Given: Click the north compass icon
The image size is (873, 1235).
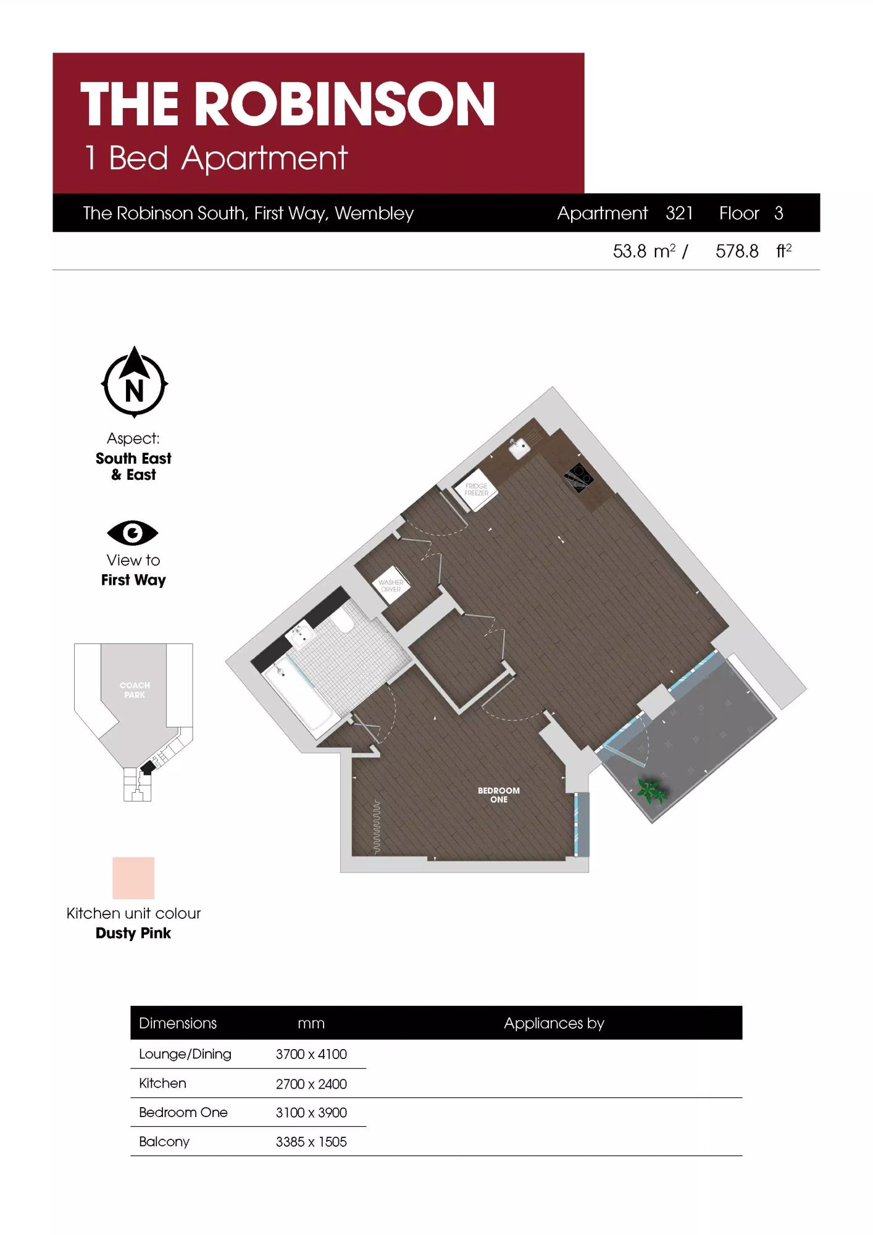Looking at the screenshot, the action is [x=134, y=382].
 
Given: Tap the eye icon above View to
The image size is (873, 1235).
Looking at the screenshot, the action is [x=133, y=533].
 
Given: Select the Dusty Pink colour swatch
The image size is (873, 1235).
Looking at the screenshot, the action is [x=133, y=877].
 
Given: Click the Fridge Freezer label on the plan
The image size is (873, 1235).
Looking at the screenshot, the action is [x=476, y=490].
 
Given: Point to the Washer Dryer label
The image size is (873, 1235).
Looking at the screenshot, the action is [x=391, y=586].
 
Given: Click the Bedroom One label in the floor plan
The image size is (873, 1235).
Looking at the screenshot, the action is [x=499, y=795].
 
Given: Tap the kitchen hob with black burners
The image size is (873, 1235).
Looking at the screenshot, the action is [x=579, y=477].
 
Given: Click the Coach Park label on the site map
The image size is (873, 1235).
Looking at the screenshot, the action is [x=135, y=690].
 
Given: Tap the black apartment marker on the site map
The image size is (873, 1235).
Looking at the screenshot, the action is [x=148, y=768].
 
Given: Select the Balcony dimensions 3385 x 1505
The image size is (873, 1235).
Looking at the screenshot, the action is [x=311, y=1142].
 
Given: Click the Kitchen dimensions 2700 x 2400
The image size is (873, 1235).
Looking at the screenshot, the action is [x=311, y=1084].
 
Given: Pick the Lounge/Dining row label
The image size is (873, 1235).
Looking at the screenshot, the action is [x=185, y=1054].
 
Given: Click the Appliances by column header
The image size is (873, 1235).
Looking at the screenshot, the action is [x=554, y=1023].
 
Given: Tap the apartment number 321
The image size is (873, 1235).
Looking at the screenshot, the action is [x=679, y=213].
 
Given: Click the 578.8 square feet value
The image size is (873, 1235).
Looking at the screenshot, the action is [x=737, y=251].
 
